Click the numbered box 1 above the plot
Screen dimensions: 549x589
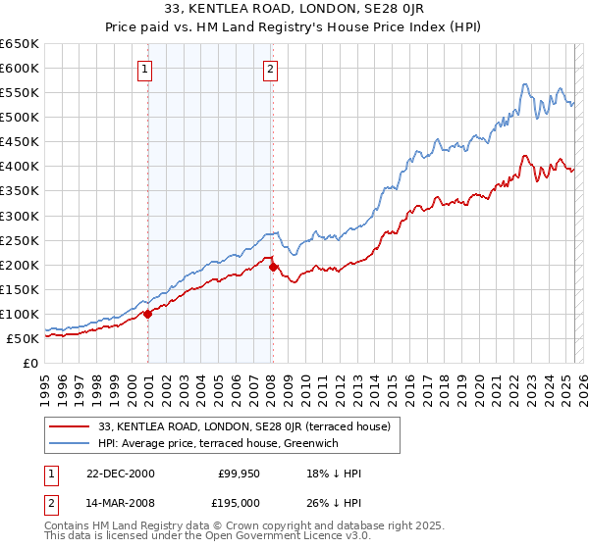(145, 69)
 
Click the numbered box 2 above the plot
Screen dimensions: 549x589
(270, 69)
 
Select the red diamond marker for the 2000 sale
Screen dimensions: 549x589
(148, 314)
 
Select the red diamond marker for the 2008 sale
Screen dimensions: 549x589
(273, 267)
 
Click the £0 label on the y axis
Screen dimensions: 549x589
(29, 363)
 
